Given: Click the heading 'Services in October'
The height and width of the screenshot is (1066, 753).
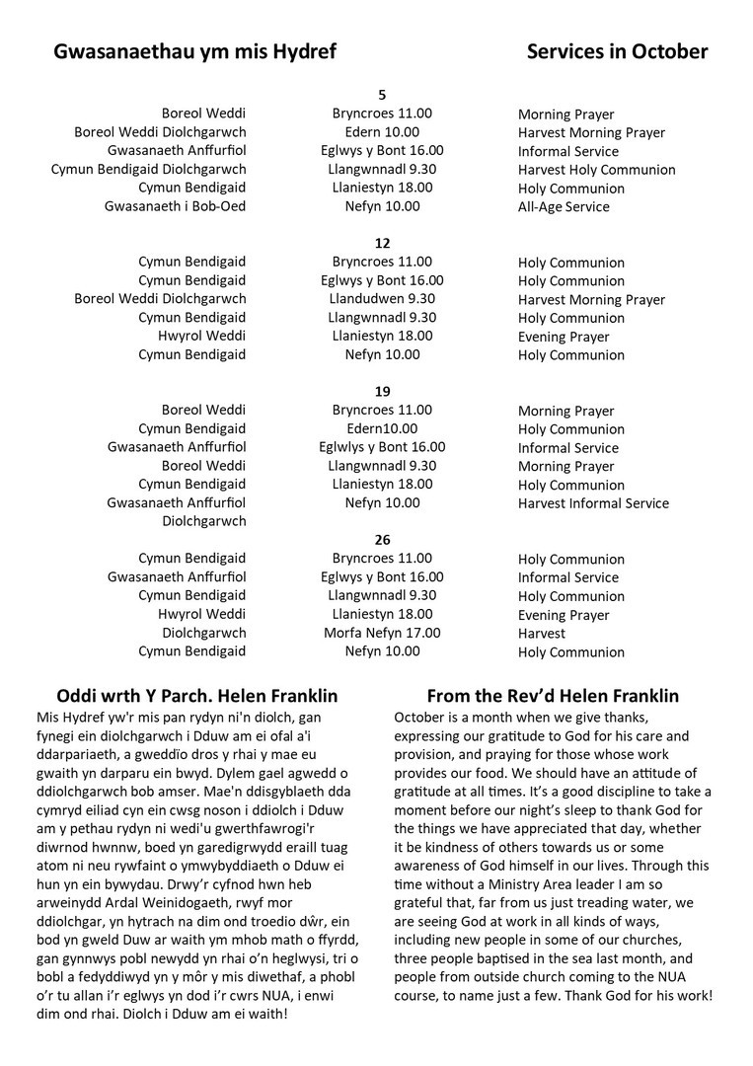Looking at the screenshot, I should tap(617, 52).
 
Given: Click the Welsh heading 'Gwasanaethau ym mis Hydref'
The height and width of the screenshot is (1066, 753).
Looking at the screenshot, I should tap(195, 52).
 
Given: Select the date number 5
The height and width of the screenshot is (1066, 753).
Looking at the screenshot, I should tap(383, 95).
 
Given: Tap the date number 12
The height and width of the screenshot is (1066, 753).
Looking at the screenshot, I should tap(383, 243).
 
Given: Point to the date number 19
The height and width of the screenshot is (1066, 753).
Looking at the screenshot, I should tap(383, 392).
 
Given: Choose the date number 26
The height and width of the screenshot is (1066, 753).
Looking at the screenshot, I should tap(383, 540).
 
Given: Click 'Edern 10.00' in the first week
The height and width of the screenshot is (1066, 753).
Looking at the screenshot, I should tap(383, 132).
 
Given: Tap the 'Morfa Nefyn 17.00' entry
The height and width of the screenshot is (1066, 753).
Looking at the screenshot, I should tap(383, 633).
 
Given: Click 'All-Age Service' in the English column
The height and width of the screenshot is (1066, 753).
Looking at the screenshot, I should tap(564, 207).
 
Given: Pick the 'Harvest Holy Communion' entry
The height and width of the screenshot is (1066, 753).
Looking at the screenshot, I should tap(596, 170).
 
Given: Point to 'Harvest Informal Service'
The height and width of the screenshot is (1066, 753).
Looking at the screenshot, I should tap(593, 503).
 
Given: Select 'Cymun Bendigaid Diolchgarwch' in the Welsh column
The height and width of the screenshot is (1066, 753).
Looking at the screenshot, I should tap(148, 170).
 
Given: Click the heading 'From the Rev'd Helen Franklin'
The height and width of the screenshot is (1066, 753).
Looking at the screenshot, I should tap(553, 696).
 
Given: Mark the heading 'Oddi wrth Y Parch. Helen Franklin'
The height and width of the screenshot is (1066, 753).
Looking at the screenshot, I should tap(198, 696).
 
